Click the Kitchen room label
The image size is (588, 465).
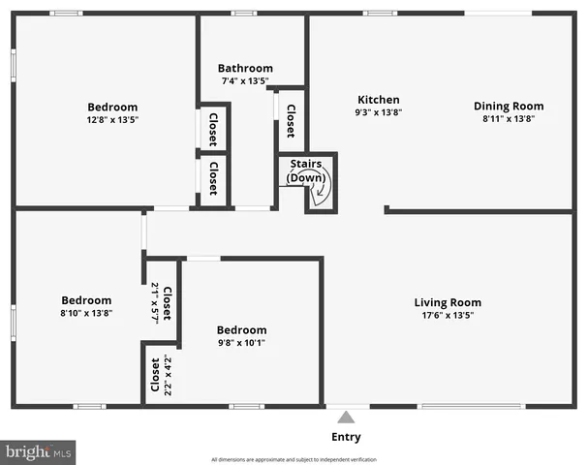coord(378,100)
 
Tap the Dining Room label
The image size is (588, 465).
coord(508,106)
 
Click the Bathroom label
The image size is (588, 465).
coord(244,68)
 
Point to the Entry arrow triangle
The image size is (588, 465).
coord(346,418)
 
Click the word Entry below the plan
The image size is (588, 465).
coord(346,438)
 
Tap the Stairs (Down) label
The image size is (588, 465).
coord(306,171)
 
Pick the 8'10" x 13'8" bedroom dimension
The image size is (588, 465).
coord(86,313)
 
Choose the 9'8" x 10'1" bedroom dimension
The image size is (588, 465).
coord(241,342)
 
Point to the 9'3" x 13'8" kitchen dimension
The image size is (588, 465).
coord(378,112)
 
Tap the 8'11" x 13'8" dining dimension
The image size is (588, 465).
coord(508,118)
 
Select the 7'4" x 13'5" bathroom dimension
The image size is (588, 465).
coord(244,80)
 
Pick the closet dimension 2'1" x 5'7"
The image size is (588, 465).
coord(155,302)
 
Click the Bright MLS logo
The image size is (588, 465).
coord(39,451)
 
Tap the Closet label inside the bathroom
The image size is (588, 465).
coord(291,120)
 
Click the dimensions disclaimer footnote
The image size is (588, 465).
coord(294,459)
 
